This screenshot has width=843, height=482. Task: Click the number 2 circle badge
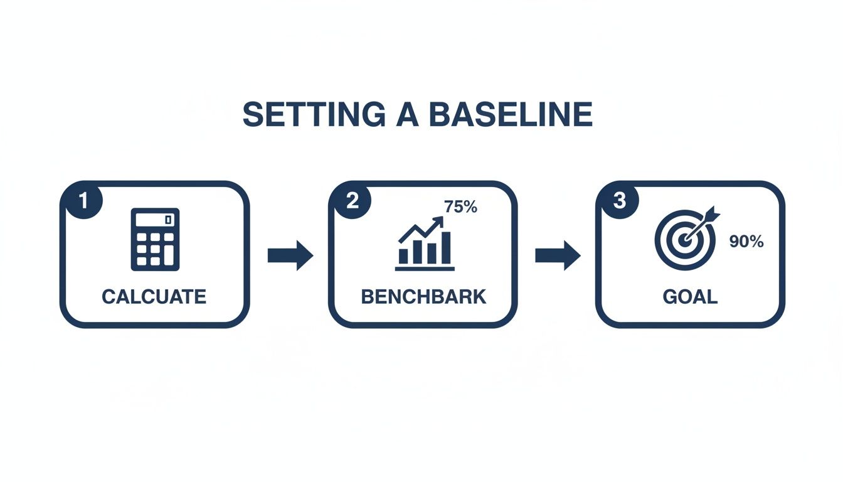coord(351,200)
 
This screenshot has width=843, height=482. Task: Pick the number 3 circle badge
coord(618,200)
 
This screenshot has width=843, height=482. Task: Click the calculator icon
coord(155,239)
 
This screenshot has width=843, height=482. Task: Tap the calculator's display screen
coord(154,220)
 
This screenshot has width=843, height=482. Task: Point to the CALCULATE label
coord(154,296)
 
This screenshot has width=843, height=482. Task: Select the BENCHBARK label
coord(423,296)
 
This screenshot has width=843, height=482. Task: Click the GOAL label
coord(690,296)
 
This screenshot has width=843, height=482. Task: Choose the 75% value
coord(460,207)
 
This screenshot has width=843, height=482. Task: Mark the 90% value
coord(746,242)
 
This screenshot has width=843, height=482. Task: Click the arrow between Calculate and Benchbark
coord(290,255)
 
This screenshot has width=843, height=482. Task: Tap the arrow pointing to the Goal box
coord(558,255)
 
